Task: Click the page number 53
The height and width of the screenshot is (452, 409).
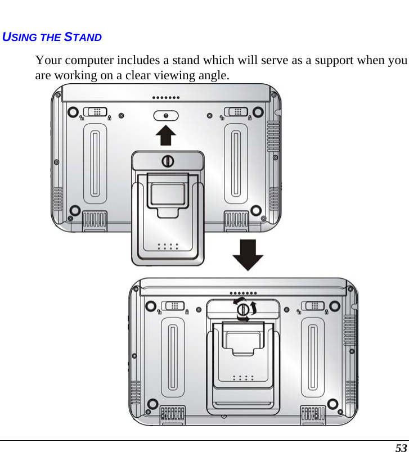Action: coord(401,448)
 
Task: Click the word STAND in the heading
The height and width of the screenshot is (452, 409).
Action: coord(83,38)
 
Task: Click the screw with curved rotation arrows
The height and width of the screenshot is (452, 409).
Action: coord(242,310)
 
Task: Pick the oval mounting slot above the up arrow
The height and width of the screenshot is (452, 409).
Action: coord(165,115)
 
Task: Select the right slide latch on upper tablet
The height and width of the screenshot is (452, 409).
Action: coord(235,112)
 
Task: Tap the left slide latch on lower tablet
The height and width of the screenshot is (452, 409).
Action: coord(173,306)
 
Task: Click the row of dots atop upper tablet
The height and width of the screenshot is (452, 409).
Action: coord(166,97)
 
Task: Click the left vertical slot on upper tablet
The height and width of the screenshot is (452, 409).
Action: coord(95,163)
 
